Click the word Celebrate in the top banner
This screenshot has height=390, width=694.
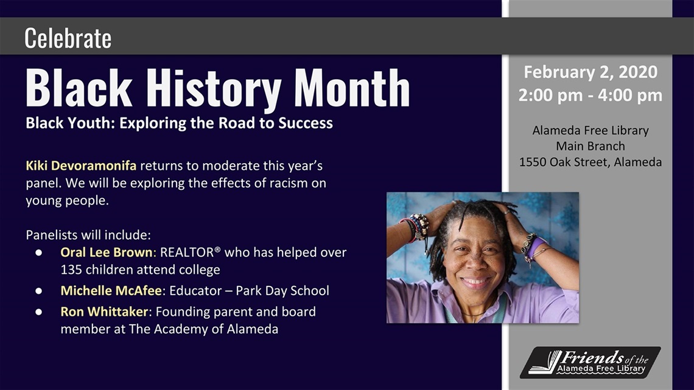pos(68,38)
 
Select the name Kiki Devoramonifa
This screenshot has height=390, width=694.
pos(81,166)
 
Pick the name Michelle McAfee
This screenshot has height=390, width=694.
pos(111,290)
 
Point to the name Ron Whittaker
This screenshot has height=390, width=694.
pos(104,312)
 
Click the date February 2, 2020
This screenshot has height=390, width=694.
pos(591,72)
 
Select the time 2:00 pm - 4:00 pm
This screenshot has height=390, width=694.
pos(591,95)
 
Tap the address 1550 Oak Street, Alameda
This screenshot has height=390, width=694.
pos(591,162)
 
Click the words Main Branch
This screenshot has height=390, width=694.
pos(591,146)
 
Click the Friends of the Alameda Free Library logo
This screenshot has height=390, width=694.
pos(591,363)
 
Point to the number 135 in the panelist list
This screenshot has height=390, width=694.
pos(71,270)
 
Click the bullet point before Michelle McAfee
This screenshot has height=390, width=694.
pos(39,291)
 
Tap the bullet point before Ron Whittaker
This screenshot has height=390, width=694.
pos(39,312)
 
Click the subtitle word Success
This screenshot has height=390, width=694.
pos(306,123)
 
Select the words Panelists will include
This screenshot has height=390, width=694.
pos(88,235)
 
